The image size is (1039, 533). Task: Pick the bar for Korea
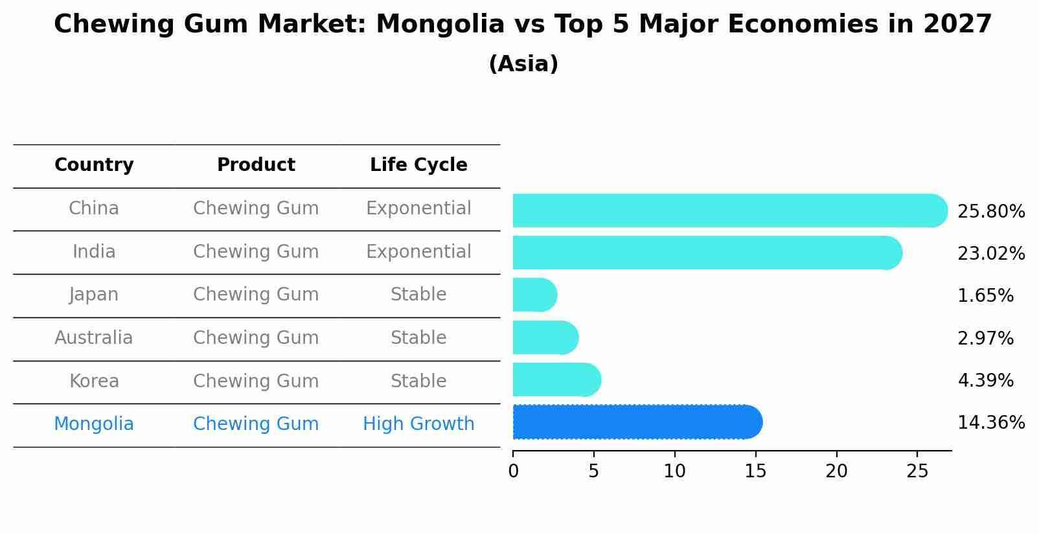556,380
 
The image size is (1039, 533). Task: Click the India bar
706,253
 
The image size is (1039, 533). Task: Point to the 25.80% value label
990,212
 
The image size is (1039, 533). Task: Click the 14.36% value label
990,423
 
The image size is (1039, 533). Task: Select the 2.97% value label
985,338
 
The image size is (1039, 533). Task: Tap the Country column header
94,165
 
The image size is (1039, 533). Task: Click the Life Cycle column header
418,165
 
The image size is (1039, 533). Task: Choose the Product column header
256,165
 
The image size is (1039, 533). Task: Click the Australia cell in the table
94,338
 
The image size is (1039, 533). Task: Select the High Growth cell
418,424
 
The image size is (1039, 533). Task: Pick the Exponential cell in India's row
418,252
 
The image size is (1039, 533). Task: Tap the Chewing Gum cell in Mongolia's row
256,424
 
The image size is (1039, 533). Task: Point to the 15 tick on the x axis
755,471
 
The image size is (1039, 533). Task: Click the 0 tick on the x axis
513,471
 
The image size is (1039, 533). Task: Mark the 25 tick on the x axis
917,471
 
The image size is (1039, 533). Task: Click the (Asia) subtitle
523,64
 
